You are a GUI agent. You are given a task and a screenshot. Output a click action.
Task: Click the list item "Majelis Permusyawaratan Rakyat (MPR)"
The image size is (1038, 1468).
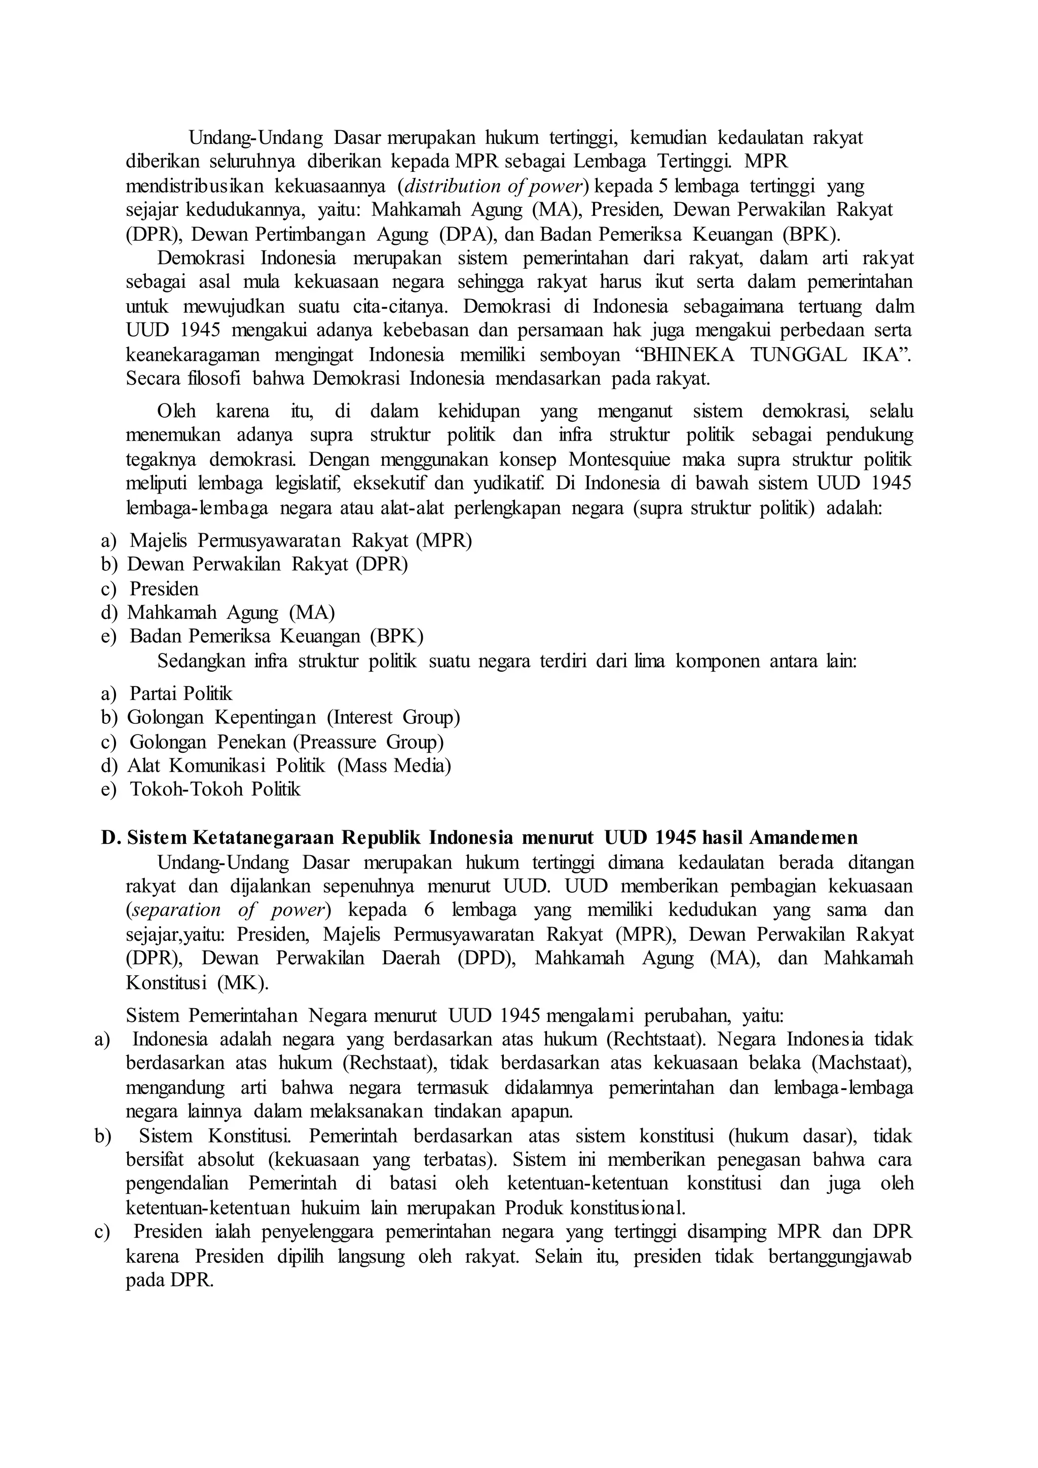(301, 541)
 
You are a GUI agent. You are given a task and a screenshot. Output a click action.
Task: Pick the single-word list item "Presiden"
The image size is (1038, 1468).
(164, 589)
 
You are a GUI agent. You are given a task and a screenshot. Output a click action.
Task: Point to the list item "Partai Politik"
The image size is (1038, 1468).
(181, 694)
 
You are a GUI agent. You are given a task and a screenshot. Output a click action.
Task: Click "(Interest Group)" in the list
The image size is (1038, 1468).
(394, 717)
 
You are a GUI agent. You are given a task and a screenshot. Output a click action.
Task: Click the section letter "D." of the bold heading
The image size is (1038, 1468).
(110, 837)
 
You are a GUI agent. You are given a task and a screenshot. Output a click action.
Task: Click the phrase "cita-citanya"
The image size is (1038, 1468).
(402, 306)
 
